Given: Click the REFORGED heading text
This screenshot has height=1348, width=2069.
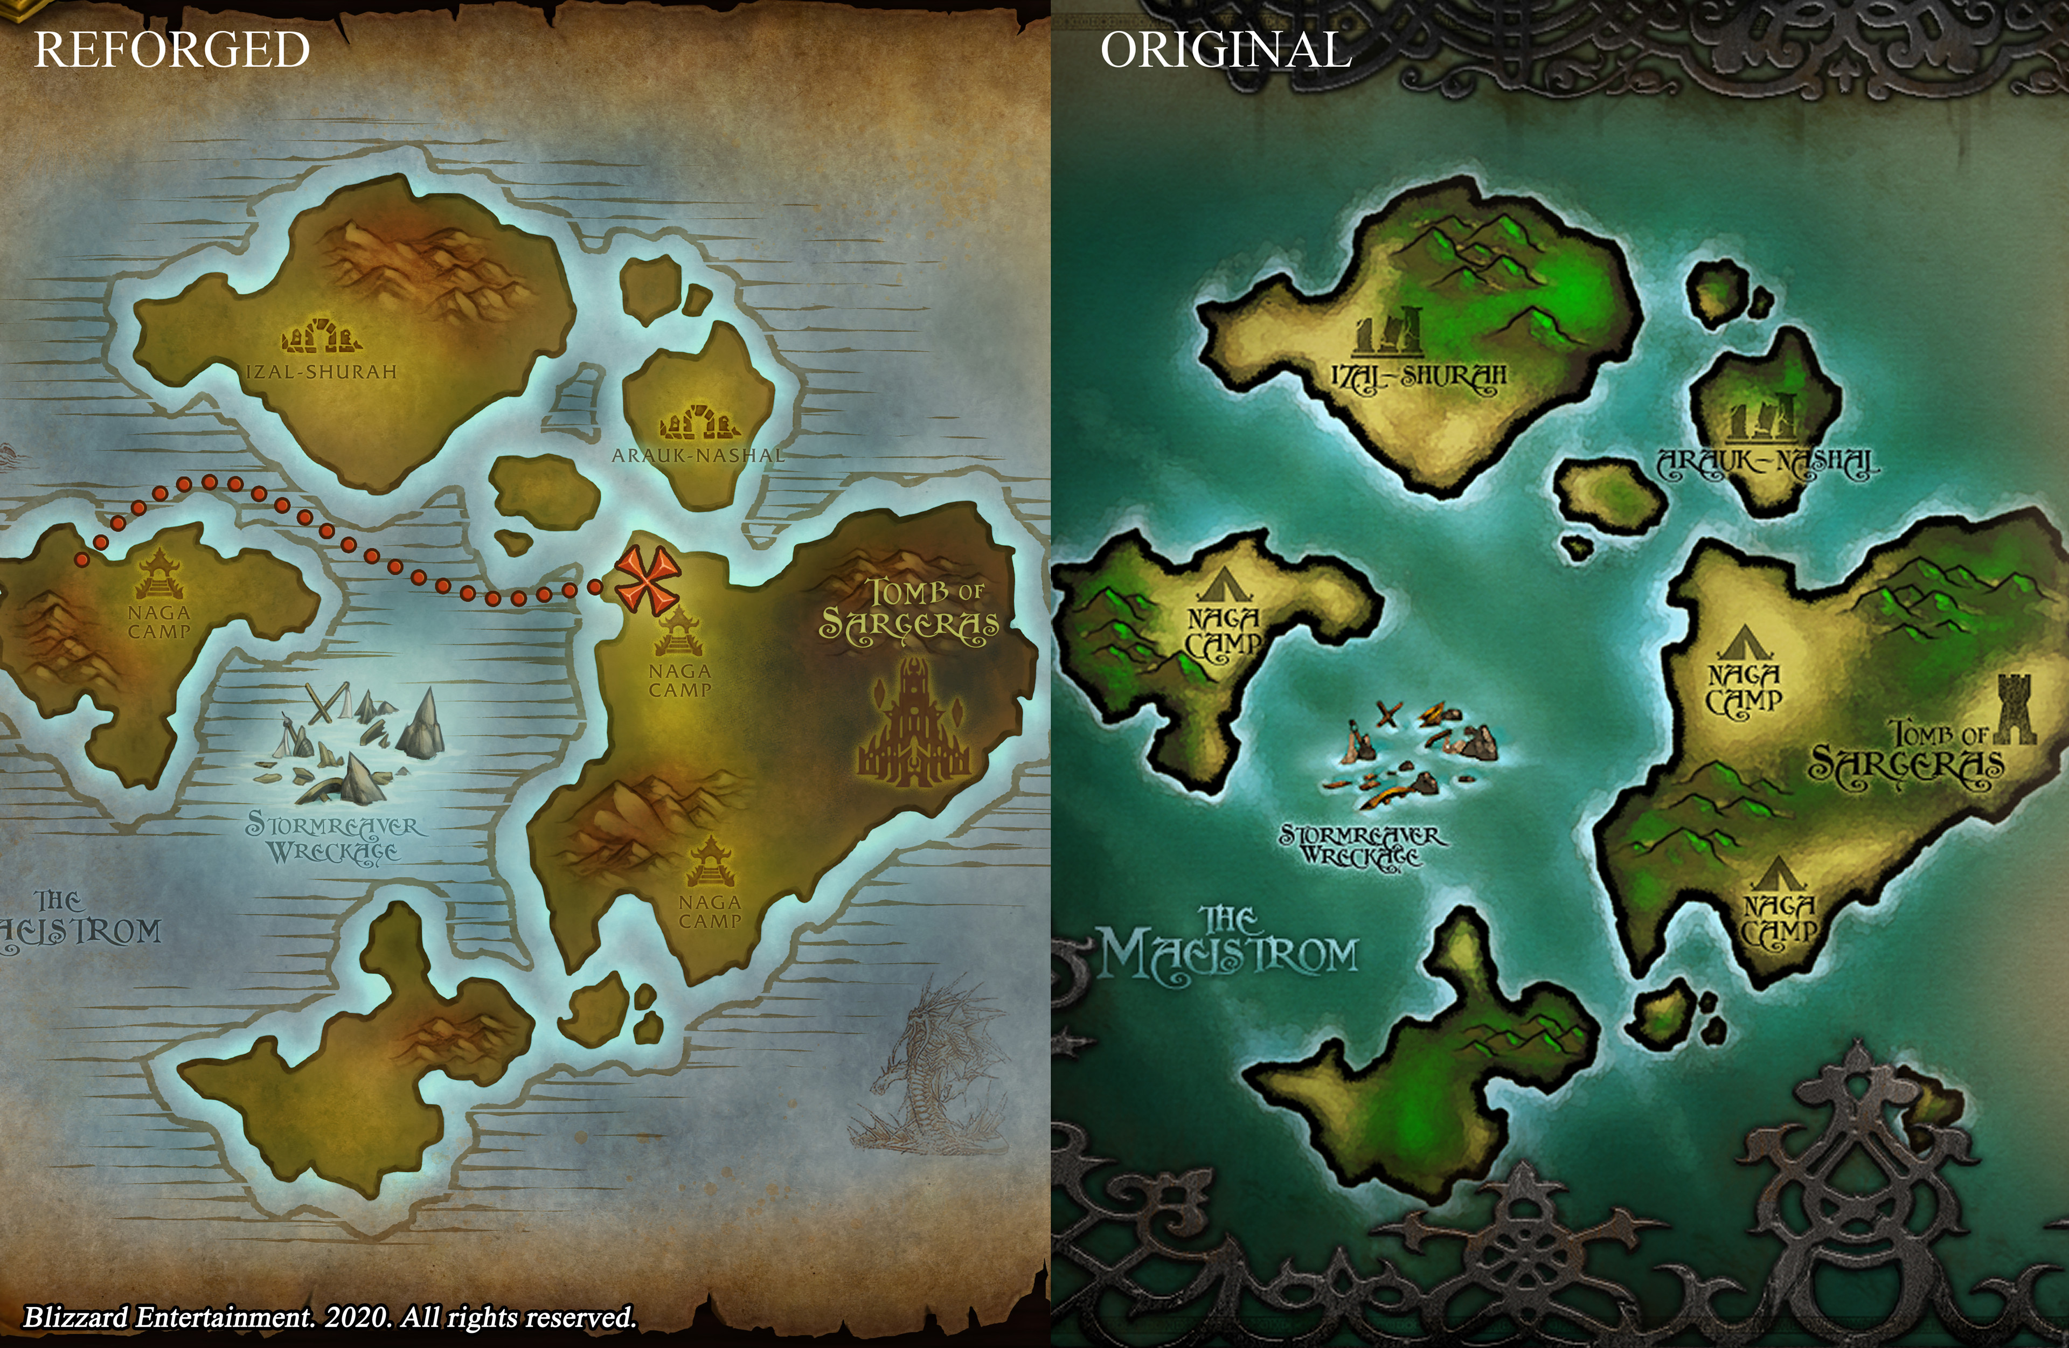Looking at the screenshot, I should [x=172, y=50].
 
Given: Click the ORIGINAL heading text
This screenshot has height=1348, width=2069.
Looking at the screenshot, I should [x=1226, y=50].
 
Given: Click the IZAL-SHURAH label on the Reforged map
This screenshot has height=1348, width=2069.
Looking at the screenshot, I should [x=322, y=372].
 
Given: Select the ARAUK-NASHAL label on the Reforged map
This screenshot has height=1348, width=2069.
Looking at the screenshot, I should [x=698, y=455].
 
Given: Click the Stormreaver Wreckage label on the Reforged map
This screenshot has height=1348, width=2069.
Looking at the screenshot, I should [x=335, y=837].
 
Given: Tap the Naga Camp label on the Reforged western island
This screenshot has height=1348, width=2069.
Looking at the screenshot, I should [x=159, y=622].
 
